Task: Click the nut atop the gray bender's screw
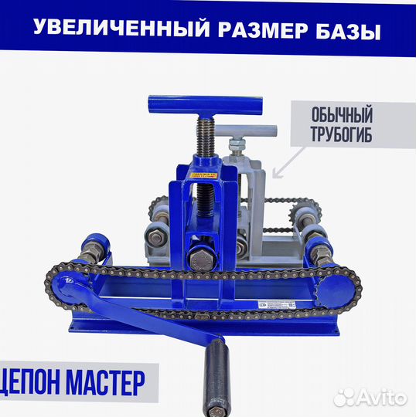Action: coord(236,144)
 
